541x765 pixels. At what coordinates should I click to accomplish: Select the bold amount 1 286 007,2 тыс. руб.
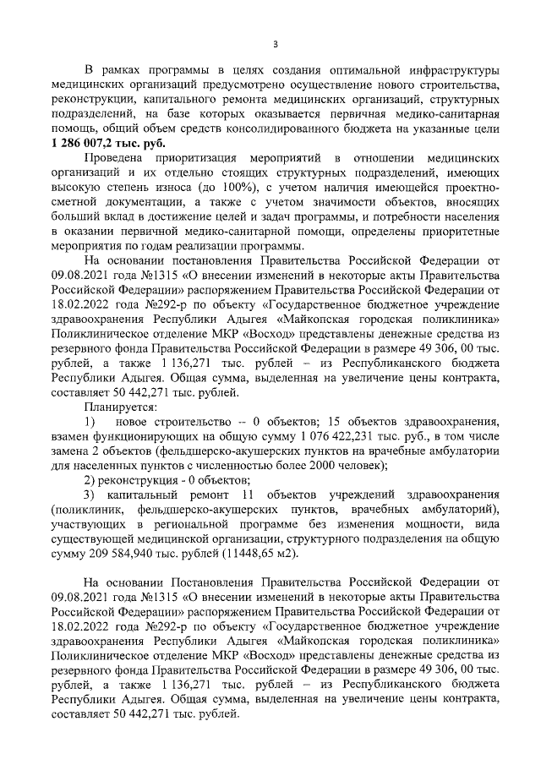coord(104,145)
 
